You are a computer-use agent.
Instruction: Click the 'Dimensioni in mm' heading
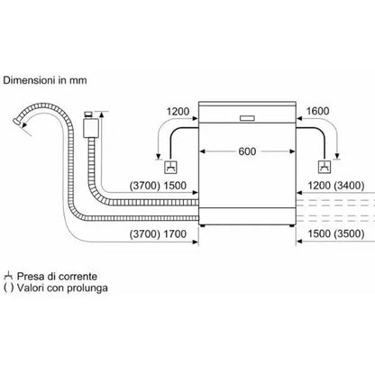click(x=45, y=80)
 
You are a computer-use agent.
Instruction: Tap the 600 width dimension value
click(x=247, y=151)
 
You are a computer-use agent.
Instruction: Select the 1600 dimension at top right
click(x=317, y=111)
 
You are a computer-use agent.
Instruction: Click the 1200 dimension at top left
click(x=178, y=112)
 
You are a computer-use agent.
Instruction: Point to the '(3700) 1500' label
click(x=158, y=186)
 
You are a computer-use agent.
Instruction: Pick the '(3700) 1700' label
click(x=158, y=233)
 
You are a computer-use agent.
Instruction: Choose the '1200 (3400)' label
click(x=336, y=186)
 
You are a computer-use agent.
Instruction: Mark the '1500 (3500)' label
click(x=336, y=233)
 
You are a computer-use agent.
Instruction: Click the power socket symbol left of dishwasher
click(x=170, y=168)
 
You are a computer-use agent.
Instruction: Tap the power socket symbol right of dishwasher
click(x=325, y=168)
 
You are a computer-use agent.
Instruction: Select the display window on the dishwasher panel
click(x=247, y=118)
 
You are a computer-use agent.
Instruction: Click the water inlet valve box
click(x=91, y=128)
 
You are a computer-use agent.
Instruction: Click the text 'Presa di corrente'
click(x=57, y=277)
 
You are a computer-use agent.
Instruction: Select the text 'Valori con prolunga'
click(x=62, y=288)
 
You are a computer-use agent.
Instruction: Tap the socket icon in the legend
click(x=8, y=276)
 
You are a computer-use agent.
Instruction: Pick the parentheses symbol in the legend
click(x=8, y=288)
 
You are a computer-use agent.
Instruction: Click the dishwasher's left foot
click(x=204, y=225)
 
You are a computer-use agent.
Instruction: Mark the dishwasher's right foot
click(x=291, y=225)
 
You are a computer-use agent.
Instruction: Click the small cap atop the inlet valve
click(x=89, y=114)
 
